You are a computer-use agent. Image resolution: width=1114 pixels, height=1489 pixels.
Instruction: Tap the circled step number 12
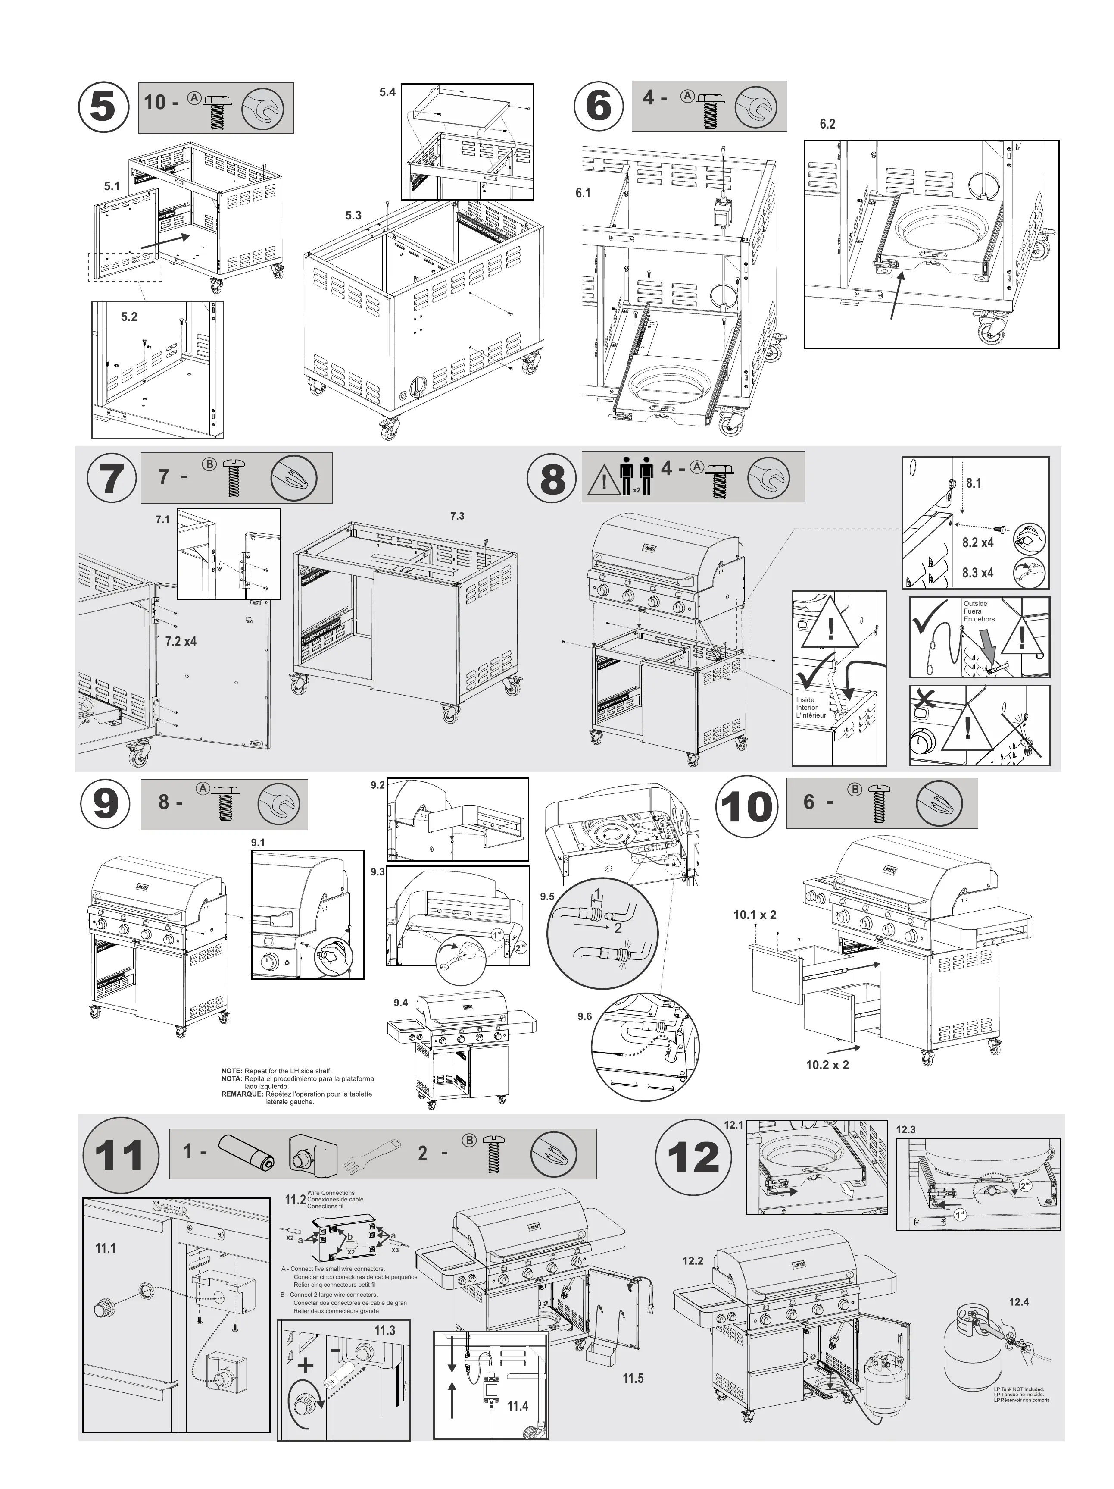click(693, 1157)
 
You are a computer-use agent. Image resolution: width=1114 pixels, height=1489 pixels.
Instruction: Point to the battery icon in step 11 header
click(246, 1152)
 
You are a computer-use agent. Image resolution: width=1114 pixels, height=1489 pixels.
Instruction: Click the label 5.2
click(129, 317)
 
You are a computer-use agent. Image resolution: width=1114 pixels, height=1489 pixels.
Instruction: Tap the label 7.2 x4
click(180, 642)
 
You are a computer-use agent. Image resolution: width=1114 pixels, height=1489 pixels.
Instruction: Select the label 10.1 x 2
click(754, 915)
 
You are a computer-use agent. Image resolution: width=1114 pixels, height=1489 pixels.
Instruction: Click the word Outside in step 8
click(975, 604)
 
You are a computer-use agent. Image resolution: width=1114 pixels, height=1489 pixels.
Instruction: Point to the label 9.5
click(547, 897)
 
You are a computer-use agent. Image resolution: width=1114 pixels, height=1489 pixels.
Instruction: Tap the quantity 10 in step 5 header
click(154, 102)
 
